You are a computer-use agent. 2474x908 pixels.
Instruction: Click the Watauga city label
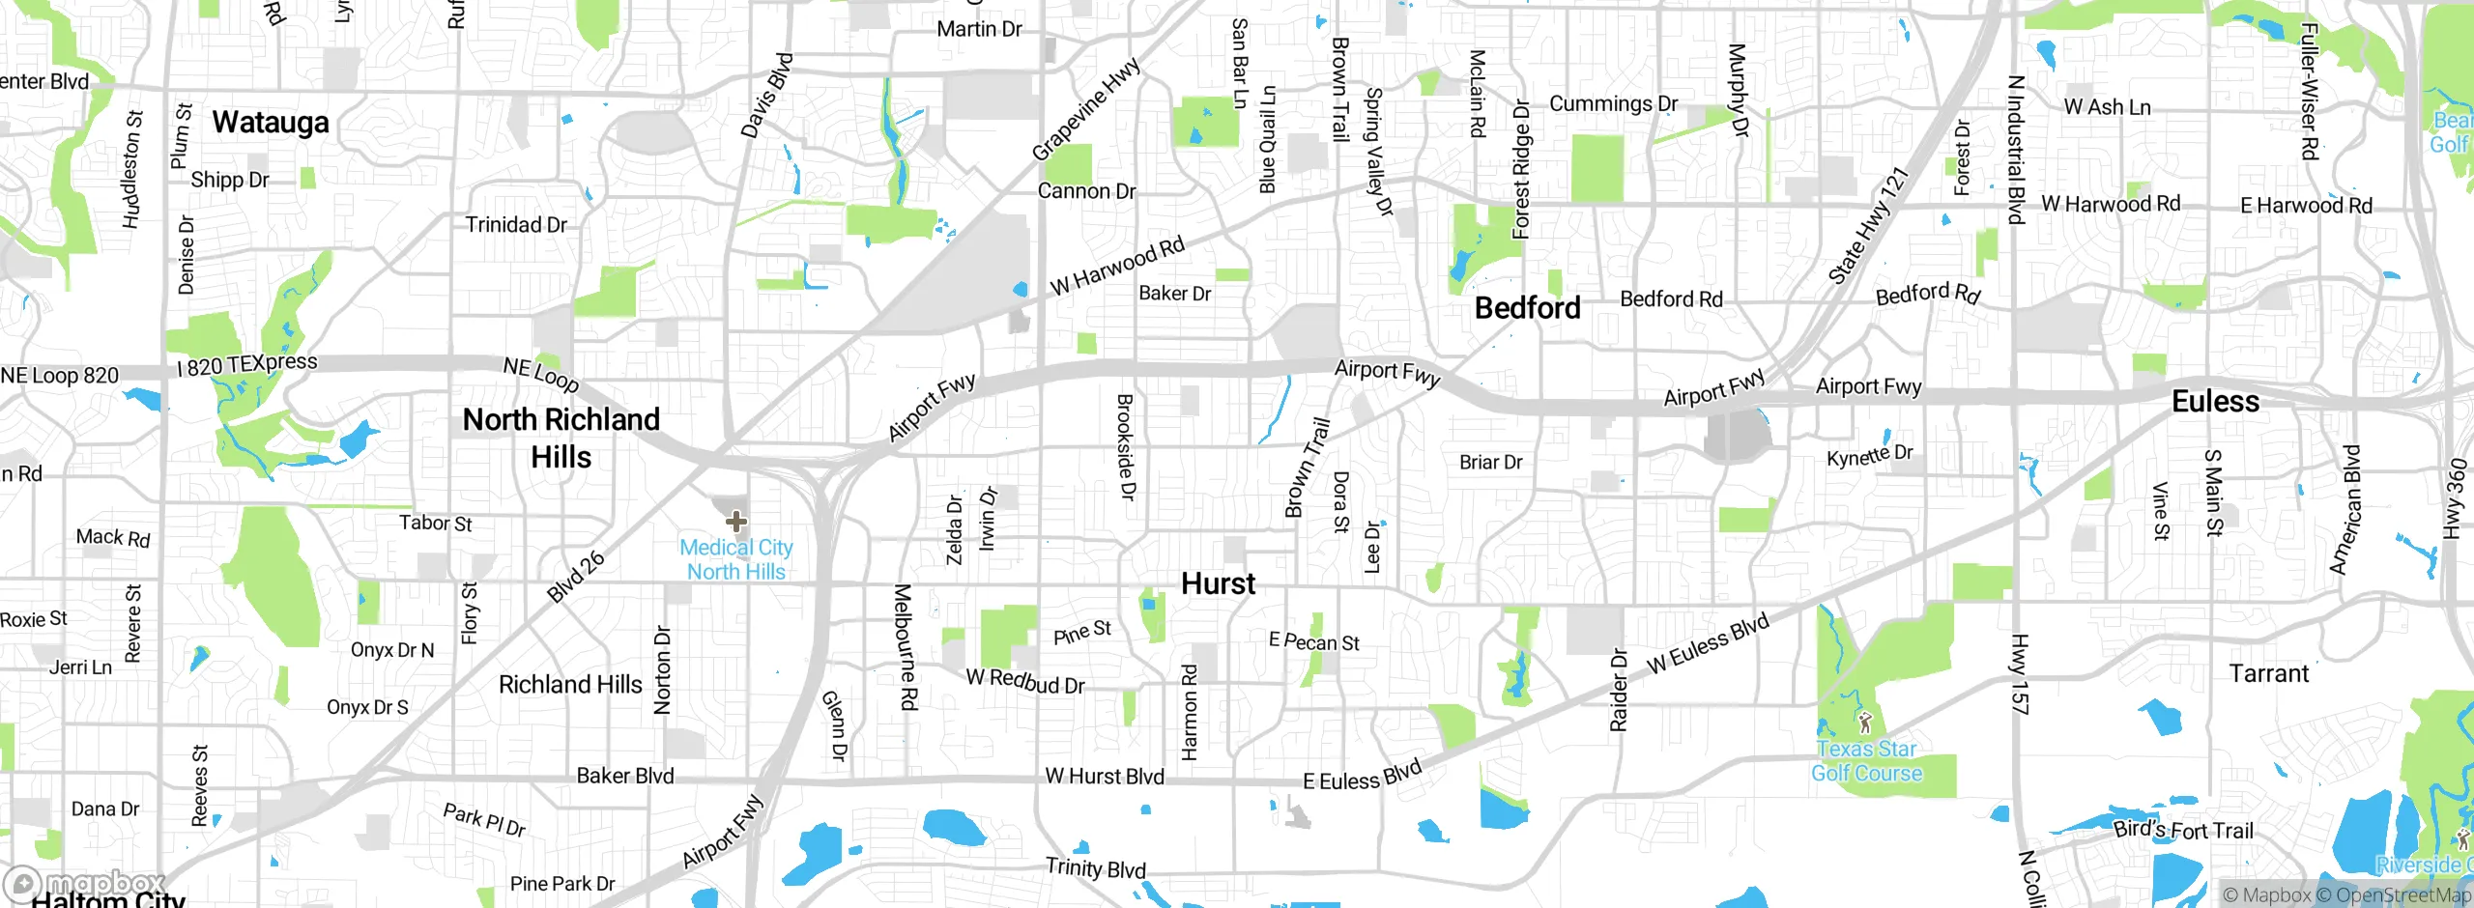tap(271, 123)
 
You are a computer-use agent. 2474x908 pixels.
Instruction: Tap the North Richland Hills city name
tap(561, 438)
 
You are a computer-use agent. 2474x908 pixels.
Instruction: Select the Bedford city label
tap(1527, 308)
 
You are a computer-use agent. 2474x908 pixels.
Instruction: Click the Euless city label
tap(2215, 401)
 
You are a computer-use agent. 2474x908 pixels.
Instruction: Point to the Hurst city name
tap(1218, 583)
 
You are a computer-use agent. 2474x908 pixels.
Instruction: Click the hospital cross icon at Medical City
tap(736, 523)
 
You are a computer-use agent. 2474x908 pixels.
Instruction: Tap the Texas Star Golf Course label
tap(1866, 761)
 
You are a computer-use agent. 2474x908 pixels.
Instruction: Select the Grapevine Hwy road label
tap(1085, 109)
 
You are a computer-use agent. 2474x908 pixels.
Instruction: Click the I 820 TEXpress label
tap(247, 364)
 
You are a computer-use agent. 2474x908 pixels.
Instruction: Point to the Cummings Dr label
tap(1613, 103)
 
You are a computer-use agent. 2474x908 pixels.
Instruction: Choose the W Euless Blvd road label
tap(1708, 643)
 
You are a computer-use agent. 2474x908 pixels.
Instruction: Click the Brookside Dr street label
tap(1126, 446)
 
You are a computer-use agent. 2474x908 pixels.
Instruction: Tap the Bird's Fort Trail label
tap(2183, 830)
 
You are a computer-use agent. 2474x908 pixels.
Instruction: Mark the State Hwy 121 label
tap(1868, 226)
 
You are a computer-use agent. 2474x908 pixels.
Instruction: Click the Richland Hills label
tap(570, 685)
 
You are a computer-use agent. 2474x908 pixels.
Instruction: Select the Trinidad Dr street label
tap(516, 225)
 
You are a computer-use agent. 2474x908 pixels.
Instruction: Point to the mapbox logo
tap(85, 883)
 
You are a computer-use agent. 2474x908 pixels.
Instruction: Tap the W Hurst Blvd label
tap(1105, 777)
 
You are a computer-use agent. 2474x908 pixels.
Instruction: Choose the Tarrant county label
tap(2268, 673)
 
